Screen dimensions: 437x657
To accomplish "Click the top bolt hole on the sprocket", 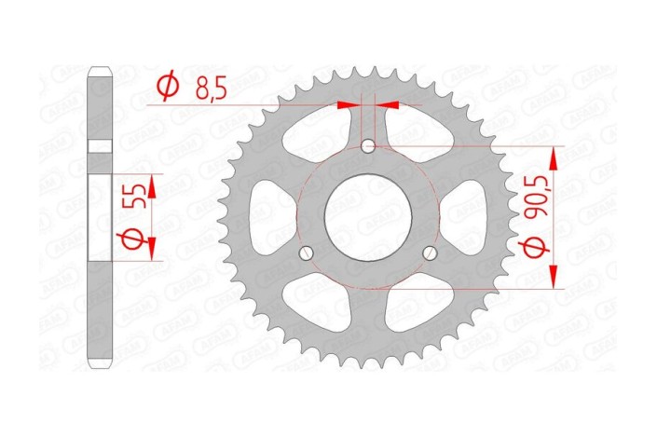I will click(368, 145).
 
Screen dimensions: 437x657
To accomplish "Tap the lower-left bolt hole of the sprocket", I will click(305, 253).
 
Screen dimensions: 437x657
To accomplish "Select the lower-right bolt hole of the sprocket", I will click(430, 253).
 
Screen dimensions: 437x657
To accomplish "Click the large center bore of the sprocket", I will click(367, 216).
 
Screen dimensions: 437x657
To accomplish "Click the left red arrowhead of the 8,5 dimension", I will click(350, 105).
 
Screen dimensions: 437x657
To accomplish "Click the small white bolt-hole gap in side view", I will click(100, 146).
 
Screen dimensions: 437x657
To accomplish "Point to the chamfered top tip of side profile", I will click(100, 69).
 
